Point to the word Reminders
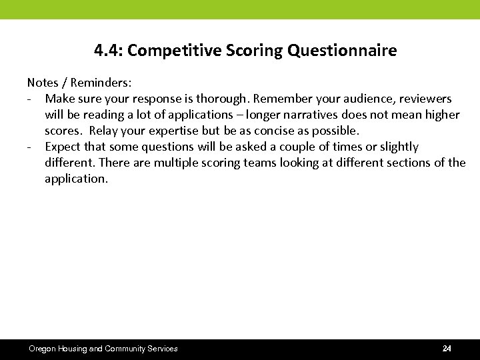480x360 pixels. (x=101, y=83)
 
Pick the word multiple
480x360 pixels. (x=179, y=163)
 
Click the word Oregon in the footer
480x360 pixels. (x=43, y=349)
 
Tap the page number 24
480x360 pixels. (x=447, y=349)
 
